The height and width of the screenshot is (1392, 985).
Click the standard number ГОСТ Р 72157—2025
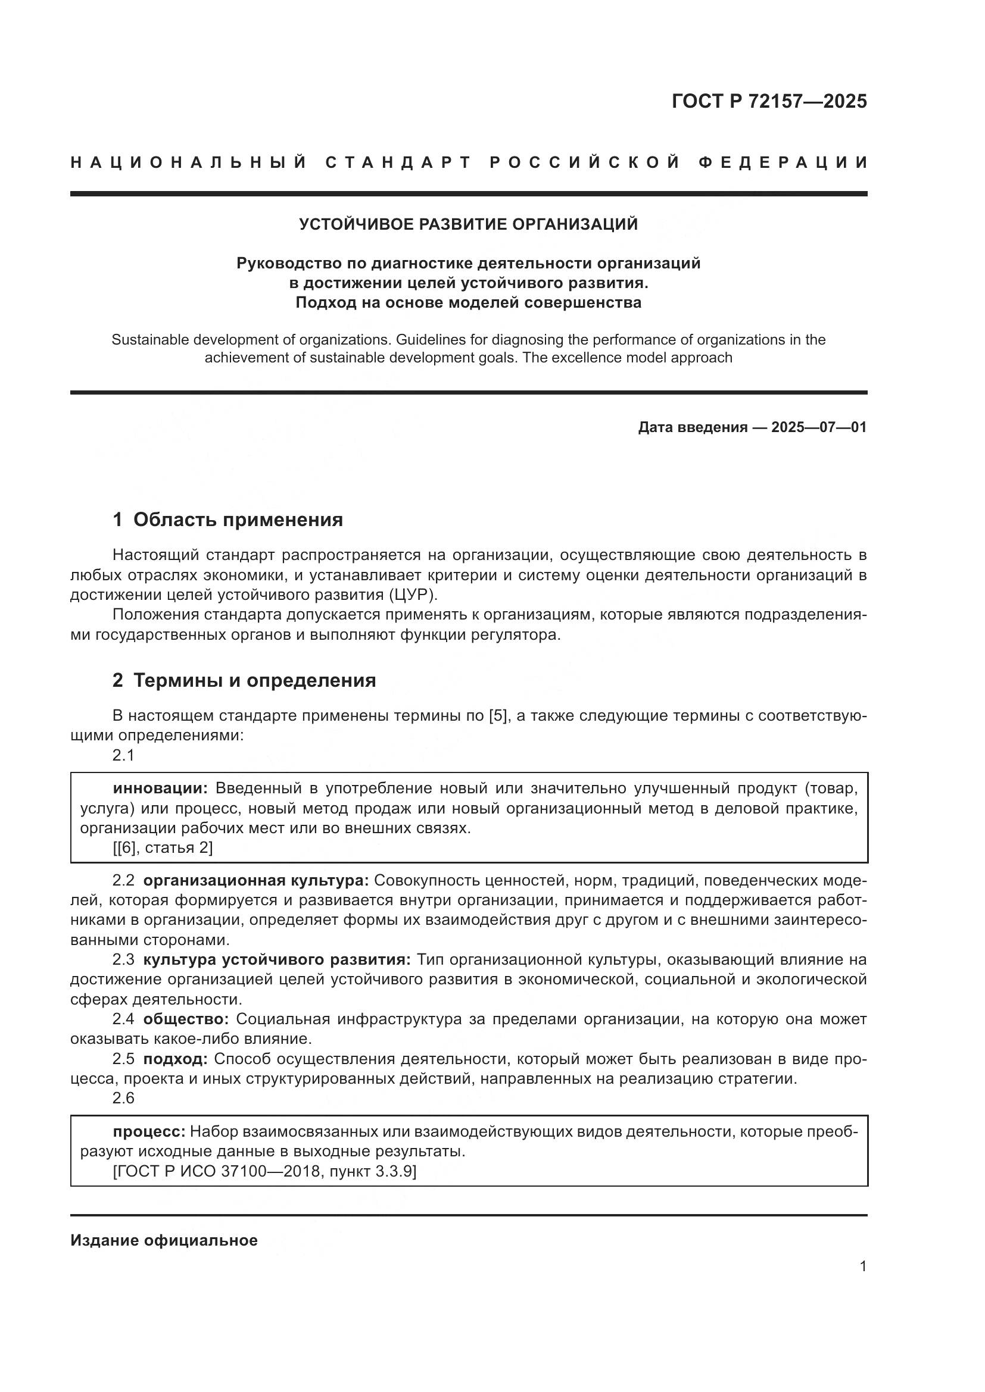[769, 101]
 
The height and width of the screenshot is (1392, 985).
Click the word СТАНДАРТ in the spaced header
[398, 162]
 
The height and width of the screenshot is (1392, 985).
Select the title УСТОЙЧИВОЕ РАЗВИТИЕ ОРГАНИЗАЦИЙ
[468, 224]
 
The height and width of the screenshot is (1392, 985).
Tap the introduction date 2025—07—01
[818, 427]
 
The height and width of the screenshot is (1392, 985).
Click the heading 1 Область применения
[227, 520]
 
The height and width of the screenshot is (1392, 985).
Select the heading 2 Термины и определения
[244, 680]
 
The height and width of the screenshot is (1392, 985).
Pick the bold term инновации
[160, 788]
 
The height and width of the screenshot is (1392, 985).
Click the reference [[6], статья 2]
[163, 847]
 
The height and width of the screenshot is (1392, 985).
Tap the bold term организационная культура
[255, 880]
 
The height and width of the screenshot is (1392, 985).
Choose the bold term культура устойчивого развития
[276, 960]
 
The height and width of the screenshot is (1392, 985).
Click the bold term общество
[186, 1019]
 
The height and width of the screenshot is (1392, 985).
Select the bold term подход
[175, 1059]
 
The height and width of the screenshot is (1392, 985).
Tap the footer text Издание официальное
[164, 1240]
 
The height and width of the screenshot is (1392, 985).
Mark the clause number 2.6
[123, 1098]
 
